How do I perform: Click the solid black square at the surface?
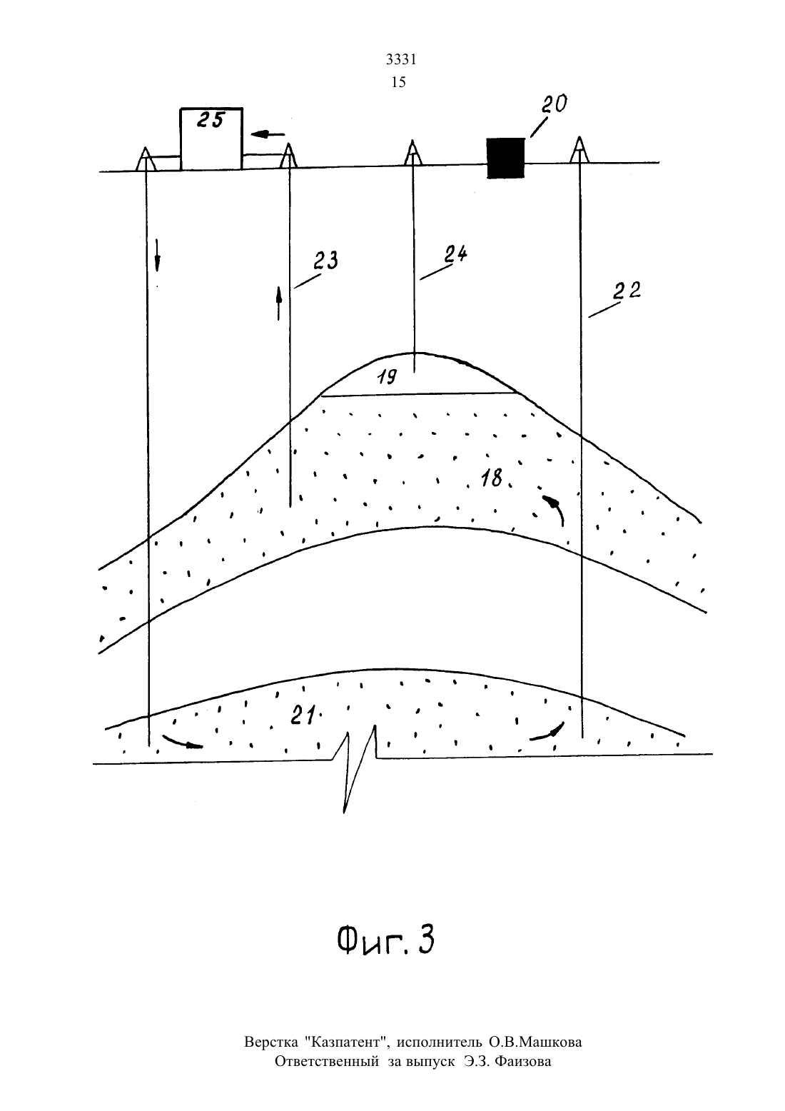click(x=505, y=158)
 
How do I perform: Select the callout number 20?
click(x=554, y=104)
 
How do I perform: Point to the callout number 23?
click(x=325, y=261)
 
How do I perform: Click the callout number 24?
click(x=455, y=254)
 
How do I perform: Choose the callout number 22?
click(x=627, y=291)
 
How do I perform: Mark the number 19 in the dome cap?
click(x=387, y=378)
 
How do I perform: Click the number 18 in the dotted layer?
click(x=492, y=478)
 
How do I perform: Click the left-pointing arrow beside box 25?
click(x=268, y=134)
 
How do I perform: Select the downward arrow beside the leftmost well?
click(x=157, y=255)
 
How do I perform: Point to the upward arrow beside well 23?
click(x=279, y=303)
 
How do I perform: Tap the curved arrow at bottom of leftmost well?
click(x=183, y=741)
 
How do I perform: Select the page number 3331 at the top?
click(x=401, y=59)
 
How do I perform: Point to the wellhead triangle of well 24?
click(x=412, y=153)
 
